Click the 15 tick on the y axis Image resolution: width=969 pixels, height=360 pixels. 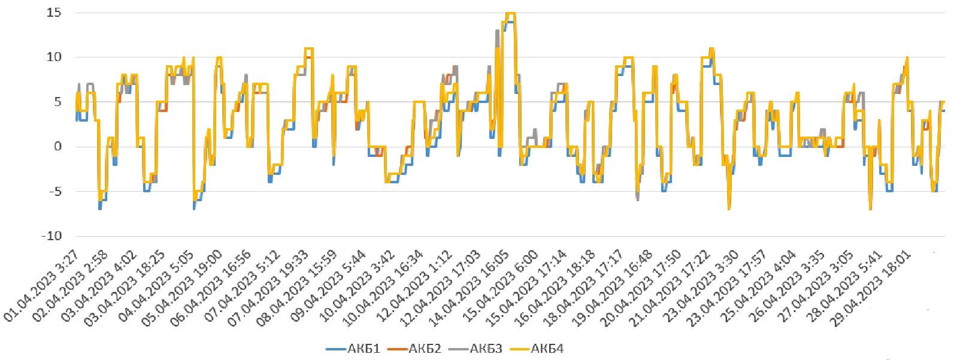(54, 13)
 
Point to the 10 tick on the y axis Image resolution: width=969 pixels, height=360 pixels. (54, 58)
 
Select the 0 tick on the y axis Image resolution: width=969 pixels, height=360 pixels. (57, 147)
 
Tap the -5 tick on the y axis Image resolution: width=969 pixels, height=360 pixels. (54, 192)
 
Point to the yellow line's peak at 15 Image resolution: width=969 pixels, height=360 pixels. (510, 13)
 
